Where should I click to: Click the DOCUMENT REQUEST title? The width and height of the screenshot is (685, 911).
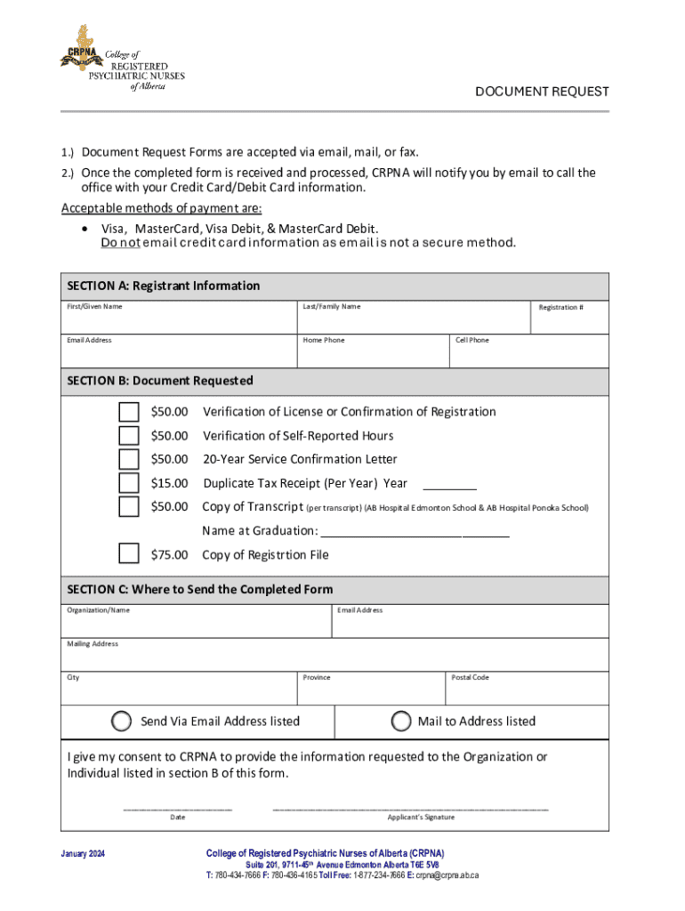coord(542,92)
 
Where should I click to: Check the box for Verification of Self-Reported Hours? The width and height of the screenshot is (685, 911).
coord(129,436)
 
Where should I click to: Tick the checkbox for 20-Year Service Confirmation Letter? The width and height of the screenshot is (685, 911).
coord(129,459)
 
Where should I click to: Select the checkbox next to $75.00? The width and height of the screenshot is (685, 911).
coord(129,554)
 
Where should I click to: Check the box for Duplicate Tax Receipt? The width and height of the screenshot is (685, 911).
coord(129,483)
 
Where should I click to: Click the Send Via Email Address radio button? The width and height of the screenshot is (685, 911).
coord(122,721)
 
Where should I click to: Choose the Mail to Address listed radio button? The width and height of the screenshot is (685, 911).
coord(401,721)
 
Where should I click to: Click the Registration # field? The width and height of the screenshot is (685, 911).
coord(569,320)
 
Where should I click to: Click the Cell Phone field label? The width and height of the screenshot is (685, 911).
coord(471,340)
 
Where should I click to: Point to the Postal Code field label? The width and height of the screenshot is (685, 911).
coord(470,677)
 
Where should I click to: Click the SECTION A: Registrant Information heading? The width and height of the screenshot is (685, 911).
coord(164,286)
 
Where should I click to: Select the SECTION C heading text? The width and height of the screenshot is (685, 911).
coord(200,589)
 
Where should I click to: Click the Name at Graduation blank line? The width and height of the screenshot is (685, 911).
coord(414,535)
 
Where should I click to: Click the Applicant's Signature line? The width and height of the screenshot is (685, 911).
coord(410,808)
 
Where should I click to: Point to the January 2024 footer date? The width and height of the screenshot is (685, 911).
coord(83,854)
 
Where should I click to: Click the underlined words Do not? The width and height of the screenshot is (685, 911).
coord(120,243)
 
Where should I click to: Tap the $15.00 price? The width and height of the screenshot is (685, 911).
coord(169,483)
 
